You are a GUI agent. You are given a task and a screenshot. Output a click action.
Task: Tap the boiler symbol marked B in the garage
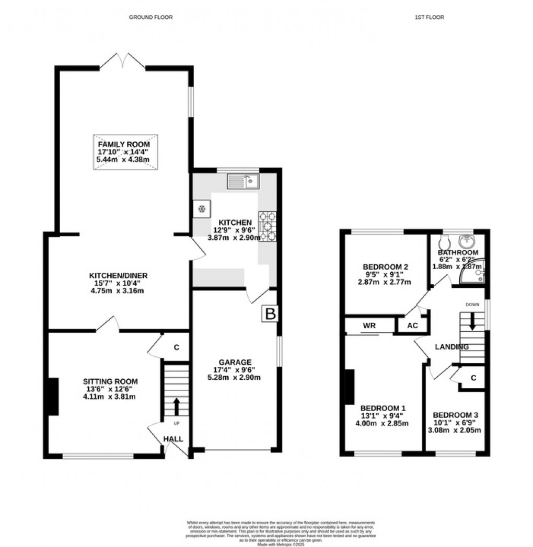[271, 314]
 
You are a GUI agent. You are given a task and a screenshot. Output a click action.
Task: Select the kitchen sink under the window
[244, 182]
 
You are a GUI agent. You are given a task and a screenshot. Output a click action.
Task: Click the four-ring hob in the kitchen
[268, 226]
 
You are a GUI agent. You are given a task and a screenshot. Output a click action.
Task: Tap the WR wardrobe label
[369, 325]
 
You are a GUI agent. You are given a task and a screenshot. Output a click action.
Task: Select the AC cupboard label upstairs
[412, 325]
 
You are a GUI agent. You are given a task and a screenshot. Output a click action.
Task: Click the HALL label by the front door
[173, 439]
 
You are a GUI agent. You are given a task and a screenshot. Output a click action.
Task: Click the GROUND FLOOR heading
[151, 17]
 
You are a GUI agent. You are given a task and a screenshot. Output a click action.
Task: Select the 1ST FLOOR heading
[429, 17]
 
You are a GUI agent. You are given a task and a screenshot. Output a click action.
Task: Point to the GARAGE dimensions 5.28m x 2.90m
[236, 377]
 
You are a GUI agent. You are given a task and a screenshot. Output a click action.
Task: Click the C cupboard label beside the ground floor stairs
[176, 346]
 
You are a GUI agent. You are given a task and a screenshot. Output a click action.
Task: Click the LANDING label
[452, 347]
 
